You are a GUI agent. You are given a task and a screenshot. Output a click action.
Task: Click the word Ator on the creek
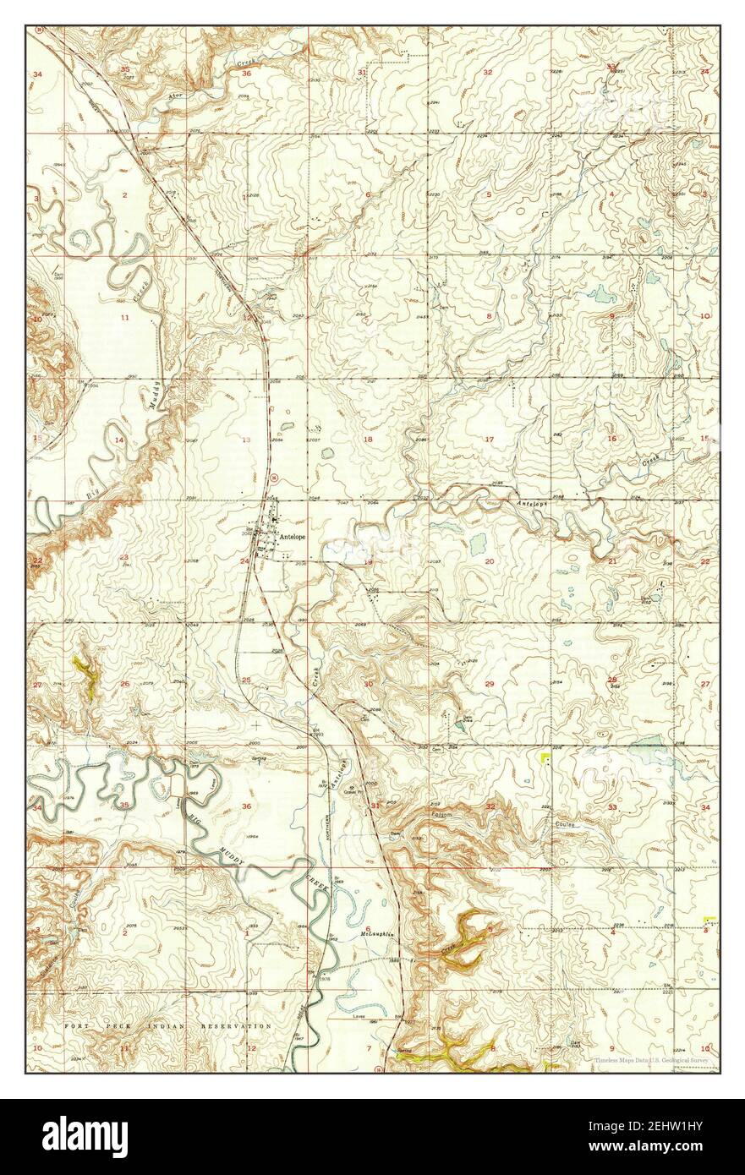coord(176,97)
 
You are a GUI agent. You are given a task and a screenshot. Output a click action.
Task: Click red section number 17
coord(489,439)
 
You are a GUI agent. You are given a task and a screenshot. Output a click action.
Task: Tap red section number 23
coord(123,557)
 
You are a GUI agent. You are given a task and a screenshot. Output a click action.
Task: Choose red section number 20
coord(489,561)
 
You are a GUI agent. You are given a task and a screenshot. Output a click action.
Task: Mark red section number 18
coord(368,440)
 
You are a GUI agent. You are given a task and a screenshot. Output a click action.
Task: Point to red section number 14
coord(120,440)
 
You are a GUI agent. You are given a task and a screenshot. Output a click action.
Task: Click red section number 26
coord(125,684)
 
